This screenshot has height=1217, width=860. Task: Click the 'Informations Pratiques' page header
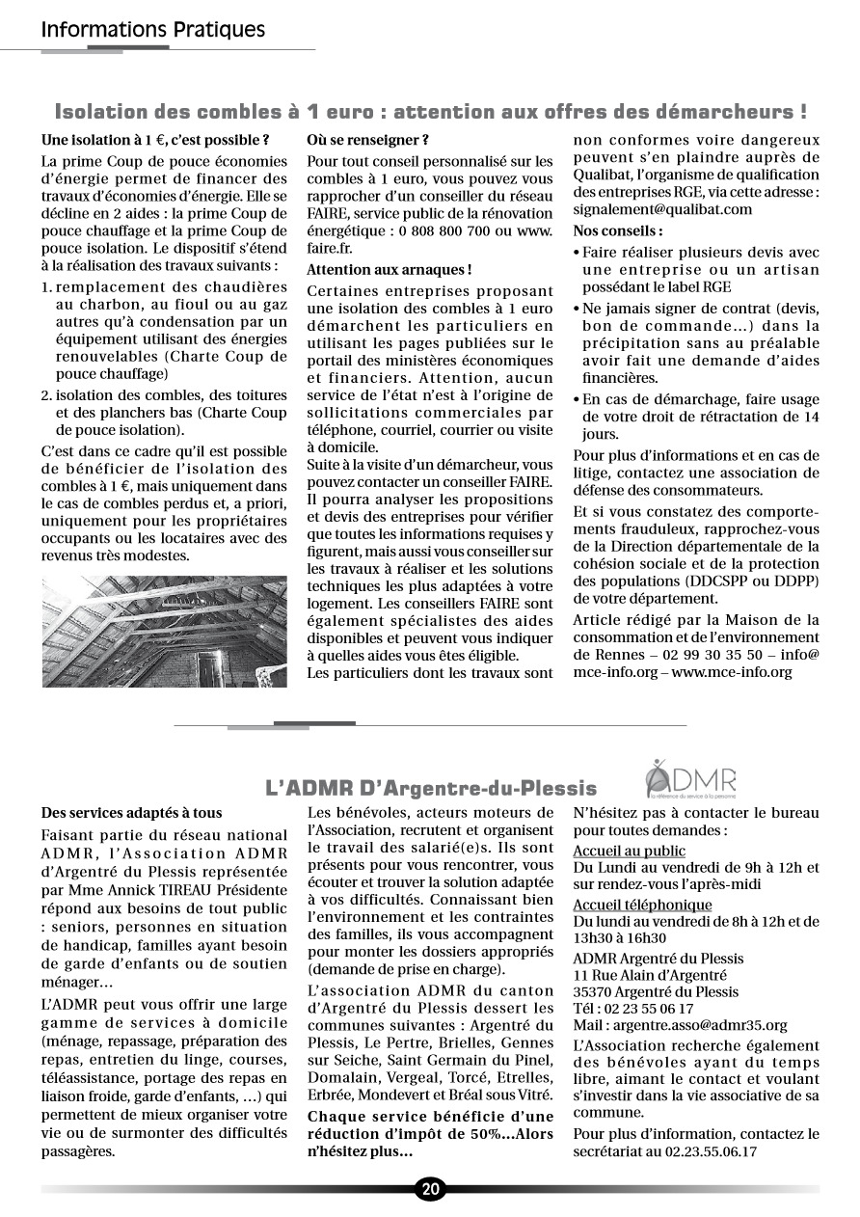coord(153,30)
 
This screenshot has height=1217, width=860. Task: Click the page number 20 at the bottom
coord(430,1189)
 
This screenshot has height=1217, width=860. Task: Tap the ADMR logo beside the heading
coord(691,777)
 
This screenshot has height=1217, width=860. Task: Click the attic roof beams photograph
coord(165,632)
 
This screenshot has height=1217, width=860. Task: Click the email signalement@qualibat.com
coord(662,208)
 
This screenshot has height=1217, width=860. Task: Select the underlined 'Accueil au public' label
coord(629,851)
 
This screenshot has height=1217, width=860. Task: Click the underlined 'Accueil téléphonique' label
coord(642,905)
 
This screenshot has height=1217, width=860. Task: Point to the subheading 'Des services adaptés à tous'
coord(132,813)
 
